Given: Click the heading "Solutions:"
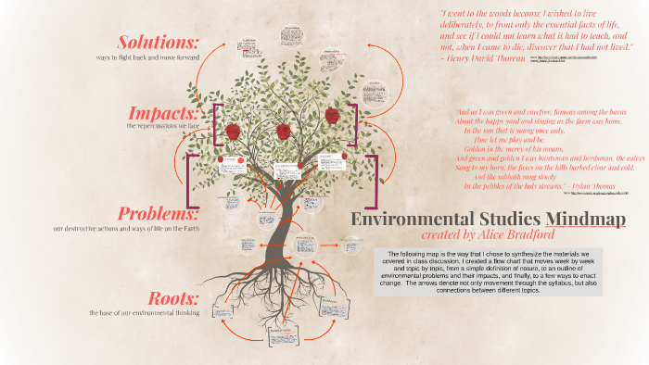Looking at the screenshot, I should pos(158,43).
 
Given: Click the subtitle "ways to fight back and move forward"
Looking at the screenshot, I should pos(148,58).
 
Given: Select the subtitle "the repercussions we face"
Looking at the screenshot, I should pos(162,125).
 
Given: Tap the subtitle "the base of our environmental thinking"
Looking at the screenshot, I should pos(144,313).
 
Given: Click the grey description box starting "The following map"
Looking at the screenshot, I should pos(487,272).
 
